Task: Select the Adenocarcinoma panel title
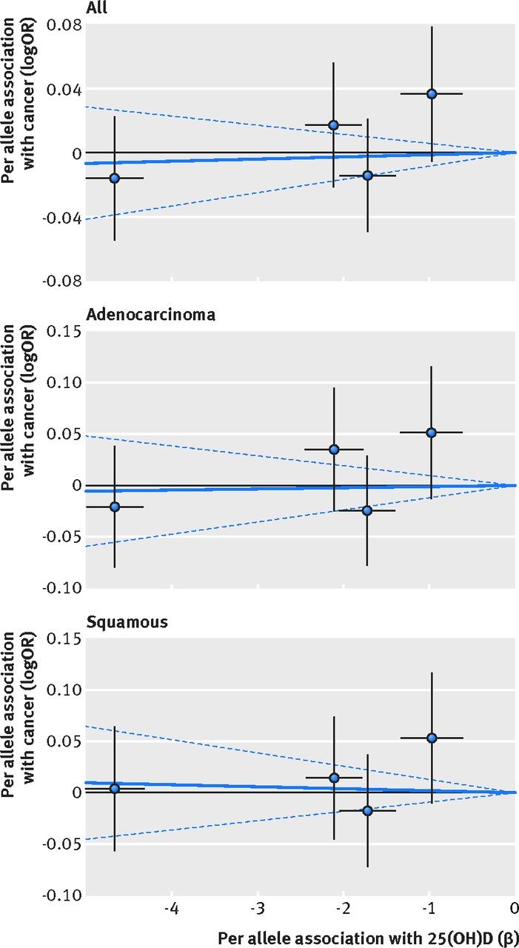click(151, 314)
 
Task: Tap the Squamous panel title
click(127, 621)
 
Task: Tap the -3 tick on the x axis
click(256, 909)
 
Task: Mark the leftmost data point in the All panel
click(114, 178)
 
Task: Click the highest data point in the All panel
click(432, 93)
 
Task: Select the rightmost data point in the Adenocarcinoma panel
click(432, 432)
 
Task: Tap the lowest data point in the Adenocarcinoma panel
click(366, 510)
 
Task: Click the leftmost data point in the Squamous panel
click(114, 789)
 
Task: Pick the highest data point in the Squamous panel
click(432, 738)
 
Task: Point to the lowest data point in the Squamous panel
click(367, 810)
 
